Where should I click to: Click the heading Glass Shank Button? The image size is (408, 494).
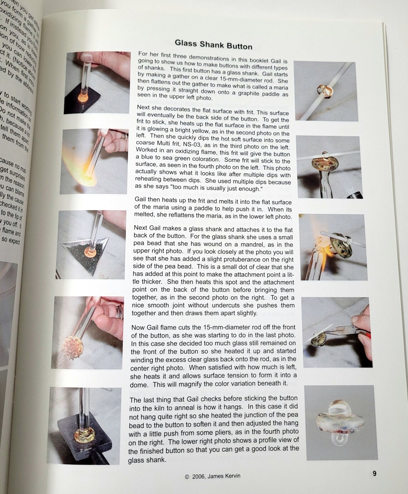(213, 45)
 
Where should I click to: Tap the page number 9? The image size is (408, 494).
(374, 474)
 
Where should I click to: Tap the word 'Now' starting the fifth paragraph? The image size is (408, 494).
(138, 328)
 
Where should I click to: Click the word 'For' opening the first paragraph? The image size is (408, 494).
(143, 54)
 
